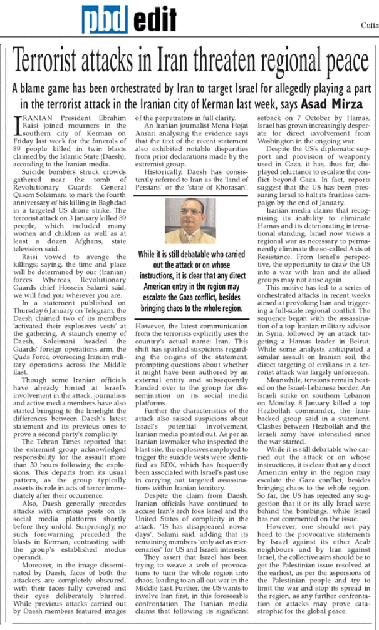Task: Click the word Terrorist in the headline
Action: coord(59,63)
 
